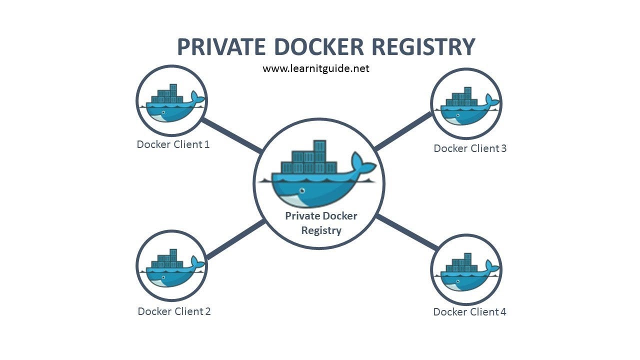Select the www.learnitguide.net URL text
(316, 68)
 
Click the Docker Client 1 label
(173, 144)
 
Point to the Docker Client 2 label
(174, 311)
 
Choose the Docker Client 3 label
(470, 148)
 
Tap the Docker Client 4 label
(469, 312)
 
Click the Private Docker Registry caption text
(321, 223)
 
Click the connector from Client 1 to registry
(231, 135)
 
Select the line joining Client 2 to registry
(235, 239)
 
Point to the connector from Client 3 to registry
(403, 131)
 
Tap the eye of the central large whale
(302, 190)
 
